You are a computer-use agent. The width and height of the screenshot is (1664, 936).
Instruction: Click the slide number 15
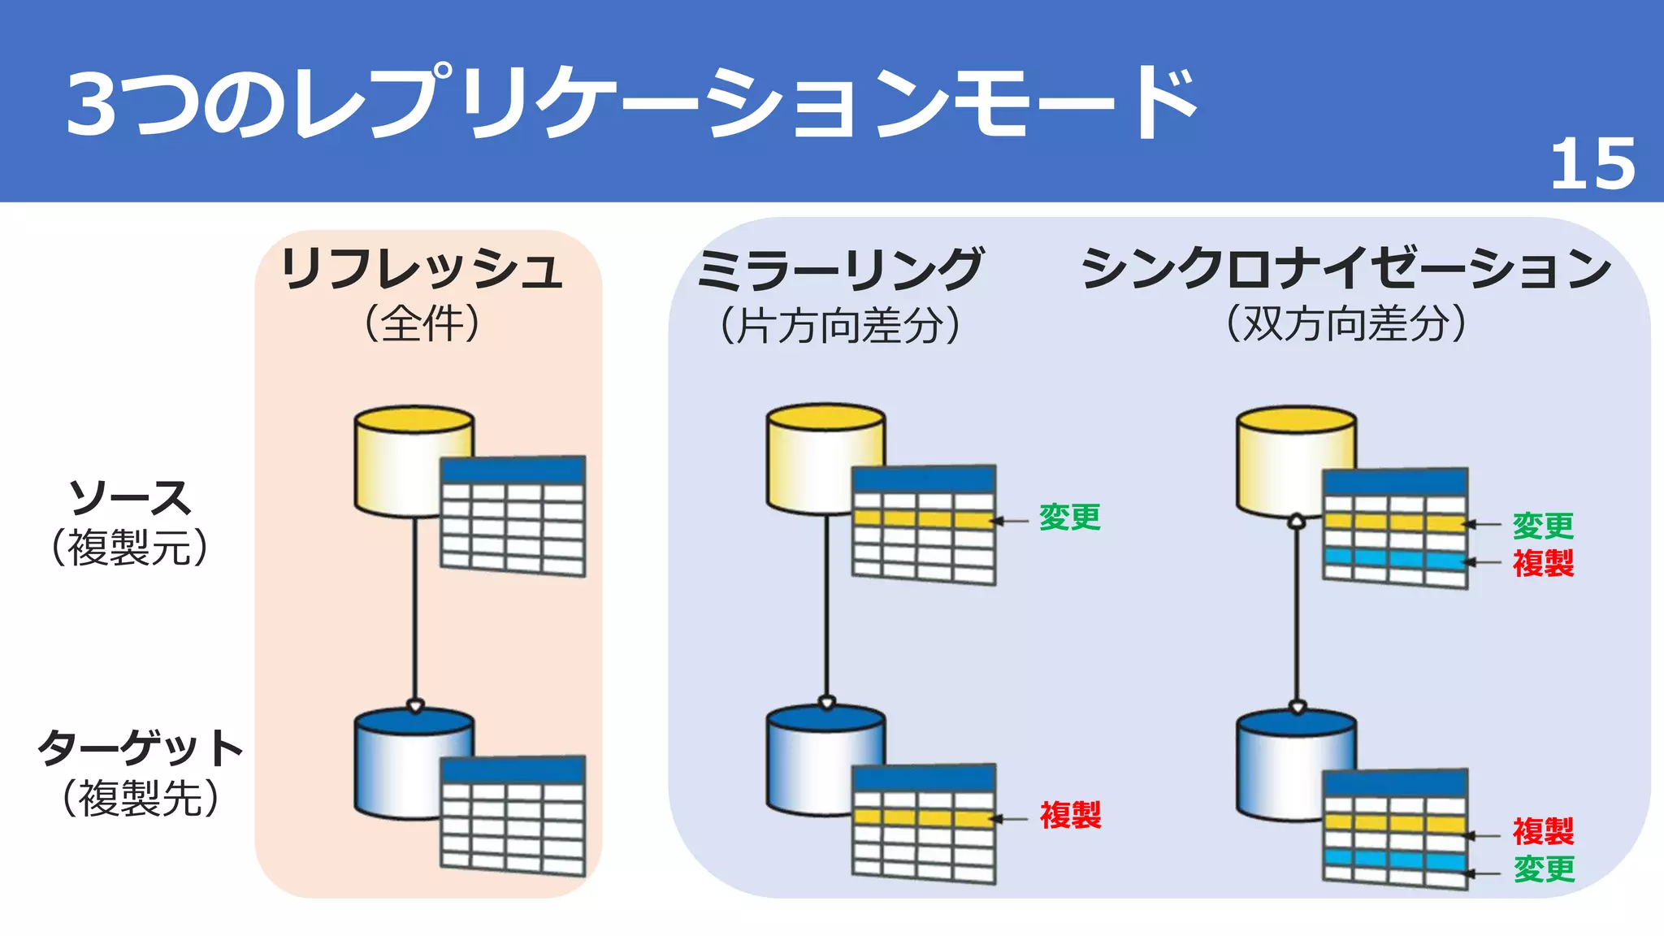[x=1592, y=165]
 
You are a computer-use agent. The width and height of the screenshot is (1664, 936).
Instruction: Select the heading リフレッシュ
[x=421, y=270]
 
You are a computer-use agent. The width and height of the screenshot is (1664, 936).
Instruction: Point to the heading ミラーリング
[x=840, y=270]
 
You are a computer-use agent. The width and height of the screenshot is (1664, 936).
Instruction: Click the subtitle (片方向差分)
[x=840, y=325]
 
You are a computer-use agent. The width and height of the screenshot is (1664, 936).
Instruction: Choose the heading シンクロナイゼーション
[x=1345, y=268]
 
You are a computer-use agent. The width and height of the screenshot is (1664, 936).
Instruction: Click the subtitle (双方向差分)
[x=1345, y=323]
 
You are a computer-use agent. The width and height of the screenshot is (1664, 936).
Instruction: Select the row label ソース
[x=130, y=497]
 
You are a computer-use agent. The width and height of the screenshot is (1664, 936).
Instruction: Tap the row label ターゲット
[x=140, y=747]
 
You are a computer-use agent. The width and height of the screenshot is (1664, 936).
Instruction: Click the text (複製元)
[x=130, y=548]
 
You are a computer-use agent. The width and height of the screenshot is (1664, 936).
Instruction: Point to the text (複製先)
[x=140, y=798]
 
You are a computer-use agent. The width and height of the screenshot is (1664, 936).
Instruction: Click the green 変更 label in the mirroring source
[x=1069, y=518]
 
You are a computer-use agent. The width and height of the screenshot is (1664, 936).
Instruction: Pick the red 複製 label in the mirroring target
[x=1070, y=815]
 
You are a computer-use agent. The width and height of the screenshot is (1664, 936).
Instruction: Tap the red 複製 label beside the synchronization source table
[x=1543, y=563]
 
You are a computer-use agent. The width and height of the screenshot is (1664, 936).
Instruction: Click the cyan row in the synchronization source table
[x=1394, y=559]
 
